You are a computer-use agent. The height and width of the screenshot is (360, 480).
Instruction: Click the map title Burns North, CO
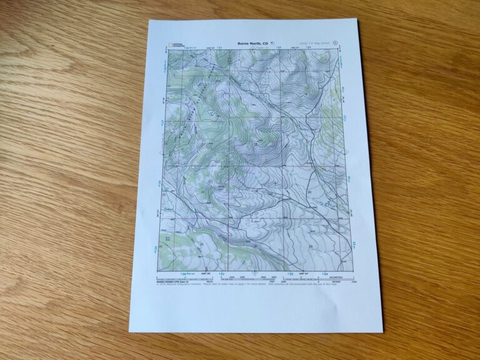(252, 44)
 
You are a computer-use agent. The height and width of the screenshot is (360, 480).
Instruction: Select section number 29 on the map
(311, 247)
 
